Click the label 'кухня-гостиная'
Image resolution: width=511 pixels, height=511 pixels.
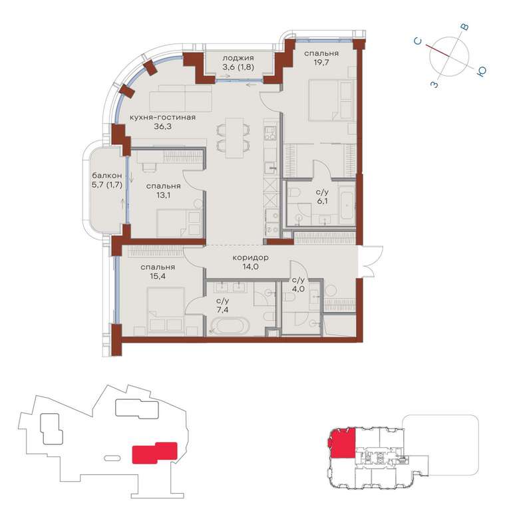(162, 117)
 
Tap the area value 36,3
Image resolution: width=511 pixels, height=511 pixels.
(162, 126)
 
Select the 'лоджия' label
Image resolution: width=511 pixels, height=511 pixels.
(238, 58)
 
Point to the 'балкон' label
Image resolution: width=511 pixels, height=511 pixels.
(107, 176)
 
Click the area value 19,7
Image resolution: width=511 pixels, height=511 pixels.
(321, 63)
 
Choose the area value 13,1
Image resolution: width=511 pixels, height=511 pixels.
(163, 195)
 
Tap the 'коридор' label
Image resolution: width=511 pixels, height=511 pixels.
(250, 257)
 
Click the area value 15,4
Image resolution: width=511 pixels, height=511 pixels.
(158, 276)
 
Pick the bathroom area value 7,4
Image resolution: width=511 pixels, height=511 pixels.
(223, 309)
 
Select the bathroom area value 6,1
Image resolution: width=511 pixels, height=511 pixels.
(322, 201)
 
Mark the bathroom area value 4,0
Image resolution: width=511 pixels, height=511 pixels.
(298, 288)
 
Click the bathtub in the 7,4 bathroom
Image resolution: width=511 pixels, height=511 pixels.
(230, 326)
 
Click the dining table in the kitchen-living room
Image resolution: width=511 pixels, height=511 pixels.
(234, 138)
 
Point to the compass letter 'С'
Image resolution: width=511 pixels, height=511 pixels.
(418, 41)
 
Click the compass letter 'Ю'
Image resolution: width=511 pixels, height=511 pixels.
(481, 71)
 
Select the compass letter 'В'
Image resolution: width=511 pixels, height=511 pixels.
(464, 27)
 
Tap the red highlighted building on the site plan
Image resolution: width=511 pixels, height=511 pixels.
(154, 452)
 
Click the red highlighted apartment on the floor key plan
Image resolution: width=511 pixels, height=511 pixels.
(342, 443)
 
